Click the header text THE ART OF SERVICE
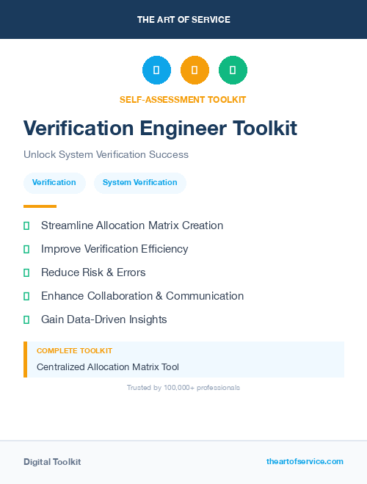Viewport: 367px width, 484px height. coord(183,20)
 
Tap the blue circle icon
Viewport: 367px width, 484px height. coord(156,70)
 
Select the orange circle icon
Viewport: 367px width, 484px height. coord(195,70)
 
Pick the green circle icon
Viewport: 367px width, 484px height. coord(233,70)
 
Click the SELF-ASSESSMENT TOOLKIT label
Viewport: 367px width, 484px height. coord(183,99)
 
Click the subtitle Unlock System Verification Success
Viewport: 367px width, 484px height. coord(106,154)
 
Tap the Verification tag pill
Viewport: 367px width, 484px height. coord(54,182)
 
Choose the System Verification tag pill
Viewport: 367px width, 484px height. coord(140,182)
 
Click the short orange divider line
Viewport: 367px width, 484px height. coord(40,206)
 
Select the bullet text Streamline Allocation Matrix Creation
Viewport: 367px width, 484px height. coord(132,225)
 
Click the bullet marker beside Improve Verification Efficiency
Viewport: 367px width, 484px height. coord(26,249)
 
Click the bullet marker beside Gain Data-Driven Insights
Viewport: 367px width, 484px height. coord(26,319)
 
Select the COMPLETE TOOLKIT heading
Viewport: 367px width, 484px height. coord(74,351)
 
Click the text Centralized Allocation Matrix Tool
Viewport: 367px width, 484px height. coord(108,366)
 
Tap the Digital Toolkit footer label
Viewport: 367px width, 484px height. coord(52,461)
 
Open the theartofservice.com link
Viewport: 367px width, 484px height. coord(305,461)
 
